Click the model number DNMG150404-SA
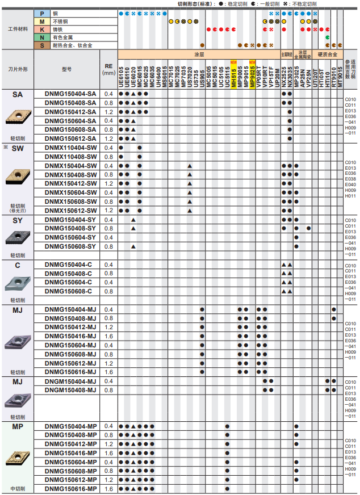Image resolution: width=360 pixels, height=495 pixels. tap(70, 94)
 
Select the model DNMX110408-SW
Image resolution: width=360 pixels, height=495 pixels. tap(70, 156)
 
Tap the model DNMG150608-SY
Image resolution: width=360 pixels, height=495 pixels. tap(70, 246)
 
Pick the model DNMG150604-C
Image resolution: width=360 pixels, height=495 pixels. tap(70, 282)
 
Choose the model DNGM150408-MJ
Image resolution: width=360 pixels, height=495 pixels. tap(70, 390)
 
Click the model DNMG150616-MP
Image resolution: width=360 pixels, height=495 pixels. tap(70, 489)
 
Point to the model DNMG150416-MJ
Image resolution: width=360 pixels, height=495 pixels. tap(70, 336)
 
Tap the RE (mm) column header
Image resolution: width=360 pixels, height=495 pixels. tap(108, 69)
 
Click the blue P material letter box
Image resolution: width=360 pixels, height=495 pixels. tap(41, 13)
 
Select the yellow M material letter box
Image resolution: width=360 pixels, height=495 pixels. tap(41, 21)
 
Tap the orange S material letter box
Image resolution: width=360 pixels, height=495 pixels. tap(41, 45)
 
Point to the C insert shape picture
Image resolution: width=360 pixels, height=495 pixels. tap(18, 283)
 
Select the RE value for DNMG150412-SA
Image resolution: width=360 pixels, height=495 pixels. tap(108, 112)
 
